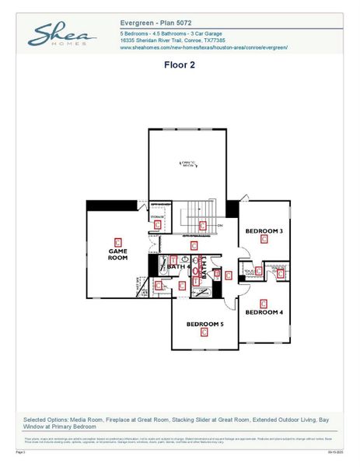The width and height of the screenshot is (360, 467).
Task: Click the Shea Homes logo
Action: (x=62, y=36)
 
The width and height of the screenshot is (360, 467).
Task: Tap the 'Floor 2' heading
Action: (x=179, y=65)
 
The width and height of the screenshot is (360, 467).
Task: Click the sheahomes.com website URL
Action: (x=204, y=48)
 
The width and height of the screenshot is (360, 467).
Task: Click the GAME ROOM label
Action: (x=117, y=255)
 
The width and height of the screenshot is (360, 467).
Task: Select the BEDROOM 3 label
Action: (x=264, y=231)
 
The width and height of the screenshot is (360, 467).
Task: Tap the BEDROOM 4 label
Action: (x=264, y=312)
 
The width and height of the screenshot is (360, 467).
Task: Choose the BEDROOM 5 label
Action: (x=204, y=324)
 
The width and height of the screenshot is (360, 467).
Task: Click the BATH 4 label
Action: (x=178, y=267)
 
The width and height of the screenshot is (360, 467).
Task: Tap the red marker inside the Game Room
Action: (x=118, y=241)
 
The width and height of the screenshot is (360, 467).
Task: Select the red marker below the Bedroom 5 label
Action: (x=204, y=333)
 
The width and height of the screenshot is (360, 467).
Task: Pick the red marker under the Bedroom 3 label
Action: (x=264, y=241)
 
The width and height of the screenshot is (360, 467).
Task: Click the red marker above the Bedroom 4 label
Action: (x=263, y=303)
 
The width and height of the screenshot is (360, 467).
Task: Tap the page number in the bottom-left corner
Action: (x=21, y=451)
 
